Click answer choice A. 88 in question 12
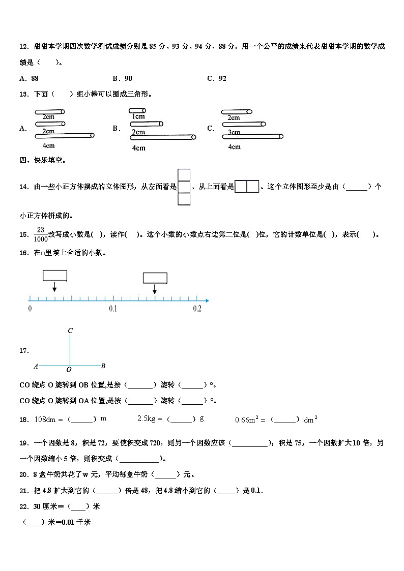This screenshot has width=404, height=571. point(28,78)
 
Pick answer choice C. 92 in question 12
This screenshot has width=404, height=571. point(217,78)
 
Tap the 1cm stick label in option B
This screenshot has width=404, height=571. point(138,116)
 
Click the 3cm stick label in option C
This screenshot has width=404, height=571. point(234,132)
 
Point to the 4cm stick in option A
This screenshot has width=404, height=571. point(64,135)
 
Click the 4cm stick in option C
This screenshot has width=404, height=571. point(252,136)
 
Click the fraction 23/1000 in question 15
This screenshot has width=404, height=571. point(41,234)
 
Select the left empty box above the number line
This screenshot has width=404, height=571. point(55,275)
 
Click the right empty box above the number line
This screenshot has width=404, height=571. point(155,278)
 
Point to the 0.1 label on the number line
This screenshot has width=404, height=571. point(113,309)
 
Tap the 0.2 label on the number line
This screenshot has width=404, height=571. point(197,309)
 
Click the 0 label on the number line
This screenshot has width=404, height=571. point(30,309)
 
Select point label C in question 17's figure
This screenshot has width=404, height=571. point(70,331)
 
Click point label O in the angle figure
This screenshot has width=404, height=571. point(69,370)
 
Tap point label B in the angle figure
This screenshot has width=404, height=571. point(103,366)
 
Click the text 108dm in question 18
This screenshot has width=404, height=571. point(44,419)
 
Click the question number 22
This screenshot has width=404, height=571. point(23,506)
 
